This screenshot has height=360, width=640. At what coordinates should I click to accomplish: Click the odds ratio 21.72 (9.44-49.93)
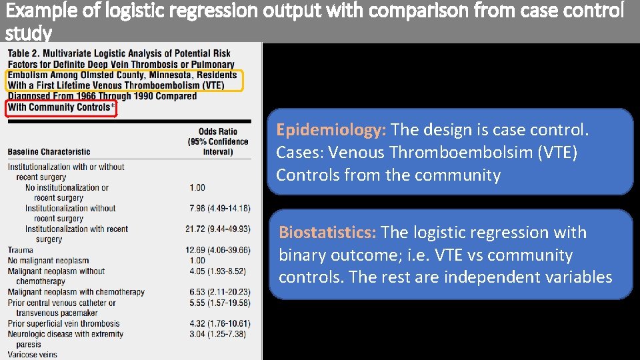pos(217,229)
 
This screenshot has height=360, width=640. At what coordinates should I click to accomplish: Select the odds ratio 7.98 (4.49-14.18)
pos(219,209)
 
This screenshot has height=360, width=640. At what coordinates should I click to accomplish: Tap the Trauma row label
pos(21,250)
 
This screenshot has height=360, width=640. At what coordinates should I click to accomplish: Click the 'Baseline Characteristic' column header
pos(49,152)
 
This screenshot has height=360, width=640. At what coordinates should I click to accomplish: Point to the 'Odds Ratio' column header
pos(217,131)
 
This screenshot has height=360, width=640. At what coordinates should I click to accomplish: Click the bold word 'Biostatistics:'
pos(327,233)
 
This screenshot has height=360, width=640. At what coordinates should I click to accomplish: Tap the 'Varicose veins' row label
pos(33,355)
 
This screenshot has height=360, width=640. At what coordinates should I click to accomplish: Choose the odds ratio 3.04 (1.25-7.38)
pos(217,334)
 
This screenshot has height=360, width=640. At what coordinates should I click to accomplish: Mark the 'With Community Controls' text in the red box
pos(61,107)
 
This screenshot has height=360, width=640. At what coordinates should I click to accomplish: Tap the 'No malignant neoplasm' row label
pos(48,261)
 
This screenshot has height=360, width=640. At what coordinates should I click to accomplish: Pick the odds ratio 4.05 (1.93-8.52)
pos(217,271)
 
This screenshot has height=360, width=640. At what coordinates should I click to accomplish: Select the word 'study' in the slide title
pos(28,33)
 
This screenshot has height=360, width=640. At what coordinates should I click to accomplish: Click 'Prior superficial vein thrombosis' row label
pos(64,324)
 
